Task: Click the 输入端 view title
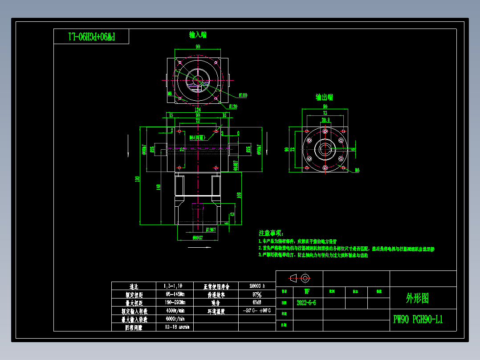pos(198,35)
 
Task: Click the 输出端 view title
pos(324,97)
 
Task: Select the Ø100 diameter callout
pos(243,95)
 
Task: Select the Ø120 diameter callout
pos(233,106)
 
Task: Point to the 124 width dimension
pos(198,110)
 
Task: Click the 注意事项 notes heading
pos(271,233)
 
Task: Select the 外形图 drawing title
pos(417,298)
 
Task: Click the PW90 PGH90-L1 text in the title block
pos(418,319)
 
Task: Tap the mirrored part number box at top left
pos(91,37)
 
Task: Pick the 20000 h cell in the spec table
pos(256,286)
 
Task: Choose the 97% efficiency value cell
pos(256,295)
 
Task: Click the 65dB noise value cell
pos(256,303)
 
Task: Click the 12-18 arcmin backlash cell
pos(177,327)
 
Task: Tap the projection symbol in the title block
pos(299,278)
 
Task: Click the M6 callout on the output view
pos(357,170)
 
